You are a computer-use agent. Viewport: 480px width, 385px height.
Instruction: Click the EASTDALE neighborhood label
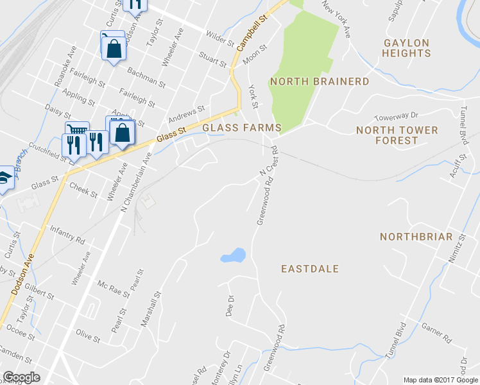click(310, 269)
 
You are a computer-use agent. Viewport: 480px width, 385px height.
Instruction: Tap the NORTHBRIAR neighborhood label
click(416, 237)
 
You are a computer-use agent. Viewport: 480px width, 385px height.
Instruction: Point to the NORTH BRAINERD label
click(320, 81)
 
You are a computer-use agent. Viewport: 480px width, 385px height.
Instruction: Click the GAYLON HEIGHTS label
click(406, 48)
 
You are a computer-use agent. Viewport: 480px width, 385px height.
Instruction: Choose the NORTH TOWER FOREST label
click(397, 135)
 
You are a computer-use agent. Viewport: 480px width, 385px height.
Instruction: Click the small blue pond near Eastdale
click(233, 255)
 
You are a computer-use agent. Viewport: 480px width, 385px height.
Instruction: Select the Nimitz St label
click(461, 246)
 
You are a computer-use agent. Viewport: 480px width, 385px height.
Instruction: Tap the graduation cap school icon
click(4, 179)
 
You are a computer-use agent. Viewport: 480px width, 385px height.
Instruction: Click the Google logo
click(21, 377)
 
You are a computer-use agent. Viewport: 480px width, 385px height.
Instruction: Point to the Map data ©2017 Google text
click(440, 380)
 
